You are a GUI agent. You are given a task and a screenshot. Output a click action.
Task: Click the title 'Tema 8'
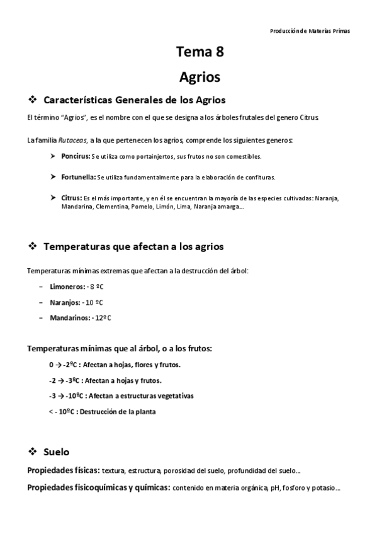(199, 53)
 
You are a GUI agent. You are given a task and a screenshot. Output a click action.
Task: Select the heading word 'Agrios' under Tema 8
(199, 77)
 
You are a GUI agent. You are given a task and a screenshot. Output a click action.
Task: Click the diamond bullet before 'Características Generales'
(33, 99)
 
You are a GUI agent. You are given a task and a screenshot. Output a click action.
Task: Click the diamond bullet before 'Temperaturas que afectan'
(33, 246)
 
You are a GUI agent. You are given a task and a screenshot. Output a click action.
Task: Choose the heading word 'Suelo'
(57, 452)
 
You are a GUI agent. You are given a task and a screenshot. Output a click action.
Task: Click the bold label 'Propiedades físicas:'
(63, 470)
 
